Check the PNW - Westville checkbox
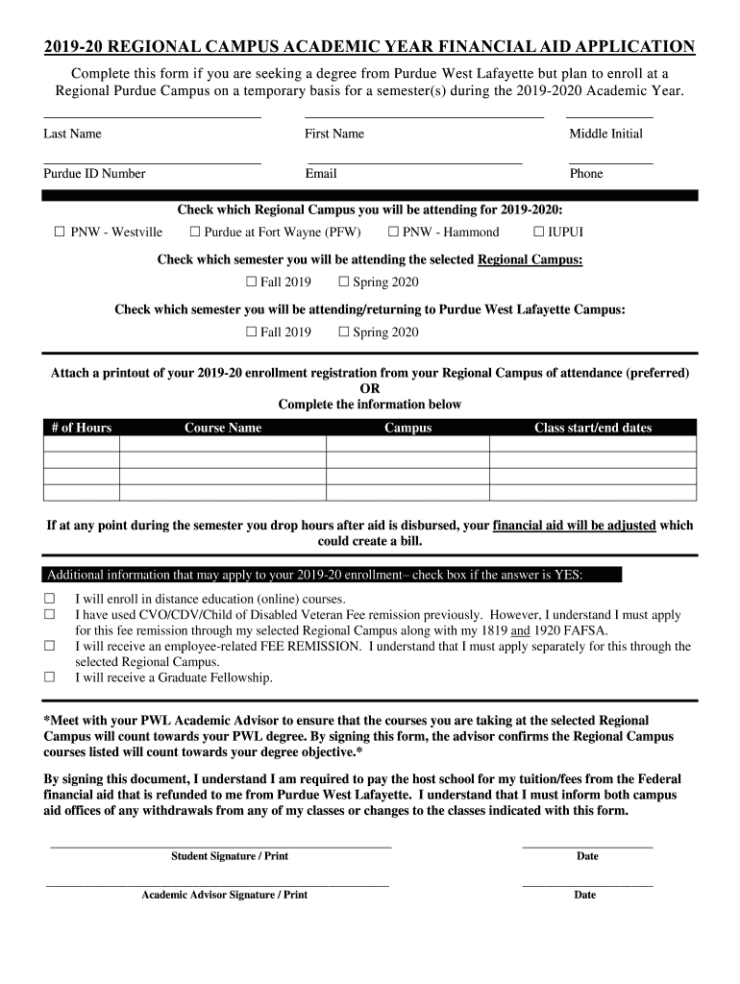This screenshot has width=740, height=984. tap(59, 232)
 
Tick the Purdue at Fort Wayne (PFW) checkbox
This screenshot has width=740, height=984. tap(195, 232)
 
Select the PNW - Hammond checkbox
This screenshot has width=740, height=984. tap(393, 232)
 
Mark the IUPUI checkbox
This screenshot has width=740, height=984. tap(538, 232)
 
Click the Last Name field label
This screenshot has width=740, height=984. tap(72, 134)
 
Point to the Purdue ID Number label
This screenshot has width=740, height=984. tap(94, 174)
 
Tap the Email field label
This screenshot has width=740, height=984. tap(321, 174)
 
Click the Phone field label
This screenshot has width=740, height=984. tap(586, 174)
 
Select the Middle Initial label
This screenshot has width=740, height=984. tap(605, 134)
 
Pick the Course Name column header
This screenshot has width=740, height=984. tap(222, 428)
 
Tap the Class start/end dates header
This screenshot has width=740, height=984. tap(592, 428)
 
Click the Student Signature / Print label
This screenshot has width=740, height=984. tap(229, 856)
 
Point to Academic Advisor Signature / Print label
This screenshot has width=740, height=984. tap(224, 895)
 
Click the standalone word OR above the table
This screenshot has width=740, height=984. tap(369, 388)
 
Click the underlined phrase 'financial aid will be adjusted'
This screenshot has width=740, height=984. tap(575, 526)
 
